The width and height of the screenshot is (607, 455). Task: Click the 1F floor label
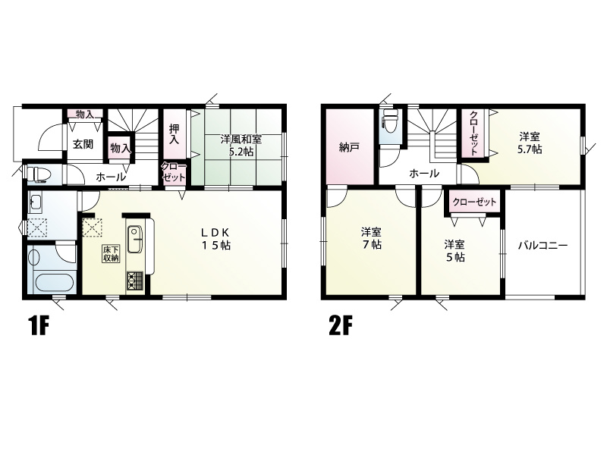[x=39, y=326]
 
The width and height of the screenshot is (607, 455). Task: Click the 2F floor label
[x=340, y=326]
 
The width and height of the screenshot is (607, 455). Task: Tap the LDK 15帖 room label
[x=215, y=239]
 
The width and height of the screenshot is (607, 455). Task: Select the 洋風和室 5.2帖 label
[x=241, y=145]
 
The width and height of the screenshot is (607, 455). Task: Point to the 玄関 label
[x=83, y=144]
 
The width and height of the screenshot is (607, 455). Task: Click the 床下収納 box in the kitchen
[x=110, y=253]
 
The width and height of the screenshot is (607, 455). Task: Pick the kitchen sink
[x=134, y=240]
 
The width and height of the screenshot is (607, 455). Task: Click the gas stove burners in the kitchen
[x=134, y=281]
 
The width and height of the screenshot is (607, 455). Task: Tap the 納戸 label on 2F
[x=348, y=147]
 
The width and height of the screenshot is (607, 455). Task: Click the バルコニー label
[x=543, y=245]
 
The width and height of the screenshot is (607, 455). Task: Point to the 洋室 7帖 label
[x=371, y=238]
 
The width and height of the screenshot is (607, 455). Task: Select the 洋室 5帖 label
[x=454, y=251]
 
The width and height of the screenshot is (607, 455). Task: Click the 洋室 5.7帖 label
[x=530, y=143]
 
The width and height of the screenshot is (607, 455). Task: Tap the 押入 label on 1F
[x=174, y=134]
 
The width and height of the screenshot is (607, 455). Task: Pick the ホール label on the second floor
[x=424, y=174]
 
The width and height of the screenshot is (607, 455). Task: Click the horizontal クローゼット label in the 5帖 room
[x=474, y=202]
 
